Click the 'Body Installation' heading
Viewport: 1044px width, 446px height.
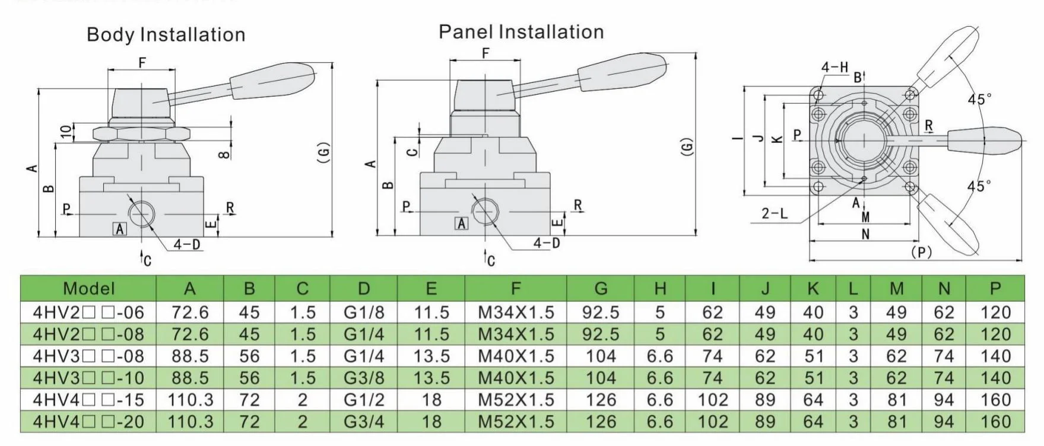(166, 34)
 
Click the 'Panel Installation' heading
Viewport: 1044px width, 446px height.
(521, 31)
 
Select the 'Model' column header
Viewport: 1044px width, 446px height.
(88, 289)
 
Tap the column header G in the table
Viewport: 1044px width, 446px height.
(601, 289)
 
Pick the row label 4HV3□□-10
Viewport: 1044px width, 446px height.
(88, 378)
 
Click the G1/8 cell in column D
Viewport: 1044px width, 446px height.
(364, 312)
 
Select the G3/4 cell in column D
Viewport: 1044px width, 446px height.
(364, 422)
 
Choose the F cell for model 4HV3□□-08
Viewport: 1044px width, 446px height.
(516, 356)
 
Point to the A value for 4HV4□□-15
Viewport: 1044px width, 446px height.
(190, 400)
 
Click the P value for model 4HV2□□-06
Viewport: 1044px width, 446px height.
(995, 312)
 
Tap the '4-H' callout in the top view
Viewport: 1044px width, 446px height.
(834, 67)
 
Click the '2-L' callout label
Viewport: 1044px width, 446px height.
(775, 213)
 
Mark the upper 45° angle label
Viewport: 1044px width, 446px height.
(979, 99)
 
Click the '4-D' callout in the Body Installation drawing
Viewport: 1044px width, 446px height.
(187, 244)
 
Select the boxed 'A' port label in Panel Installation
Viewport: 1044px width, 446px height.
(461, 223)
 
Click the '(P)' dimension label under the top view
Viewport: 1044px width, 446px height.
(921, 252)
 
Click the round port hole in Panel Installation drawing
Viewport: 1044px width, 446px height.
(485, 211)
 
